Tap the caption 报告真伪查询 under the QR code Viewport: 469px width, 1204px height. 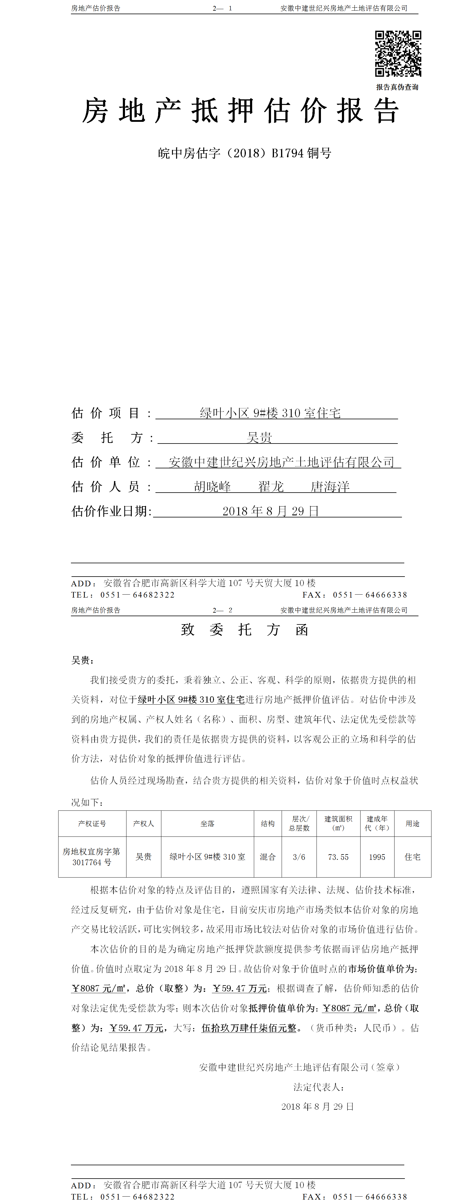[x=397, y=87]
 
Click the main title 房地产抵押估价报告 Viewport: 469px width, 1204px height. [x=241, y=111]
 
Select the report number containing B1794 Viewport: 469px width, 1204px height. [x=245, y=153]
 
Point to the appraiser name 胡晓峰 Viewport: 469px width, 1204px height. [x=212, y=487]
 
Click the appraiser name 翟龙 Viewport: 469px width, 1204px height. [x=271, y=487]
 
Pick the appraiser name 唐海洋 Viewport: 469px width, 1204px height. [x=330, y=487]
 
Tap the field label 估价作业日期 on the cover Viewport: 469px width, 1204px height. [x=111, y=511]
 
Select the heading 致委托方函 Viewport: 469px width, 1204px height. [x=244, y=629]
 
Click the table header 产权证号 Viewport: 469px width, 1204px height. [x=92, y=823]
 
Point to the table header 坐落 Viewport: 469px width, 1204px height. [x=207, y=823]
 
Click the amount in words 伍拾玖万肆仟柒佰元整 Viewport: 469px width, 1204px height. [x=249, y=1028]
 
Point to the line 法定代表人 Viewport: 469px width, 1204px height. [x=319, y=1087]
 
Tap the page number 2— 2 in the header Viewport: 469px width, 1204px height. [x=222, y=610]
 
